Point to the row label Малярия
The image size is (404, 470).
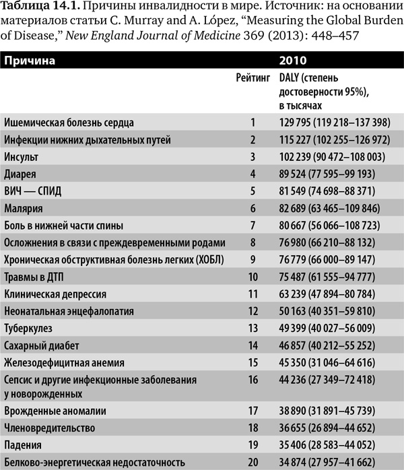[24, 208]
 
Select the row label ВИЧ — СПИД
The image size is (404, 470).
[32, 191]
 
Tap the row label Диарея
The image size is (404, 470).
[21, 174]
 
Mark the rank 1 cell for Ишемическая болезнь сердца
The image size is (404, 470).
[253, 123]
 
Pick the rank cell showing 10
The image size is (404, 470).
[253, 276]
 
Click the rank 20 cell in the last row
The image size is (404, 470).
[253, 462]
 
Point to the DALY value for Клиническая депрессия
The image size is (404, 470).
[329, 294]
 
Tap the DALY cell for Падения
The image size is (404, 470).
[329, 445]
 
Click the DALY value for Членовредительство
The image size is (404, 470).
[329, 428]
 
